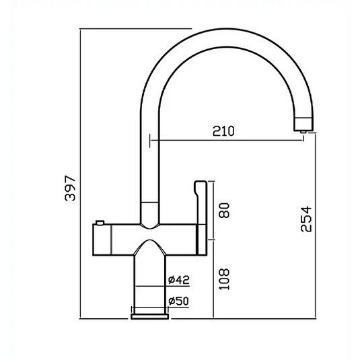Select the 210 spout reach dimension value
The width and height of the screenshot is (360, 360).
point(223,131)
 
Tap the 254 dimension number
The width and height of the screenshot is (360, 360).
point(305,219)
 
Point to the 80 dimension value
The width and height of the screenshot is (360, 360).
point(225,210)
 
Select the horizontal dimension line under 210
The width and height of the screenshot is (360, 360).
point(229,141)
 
